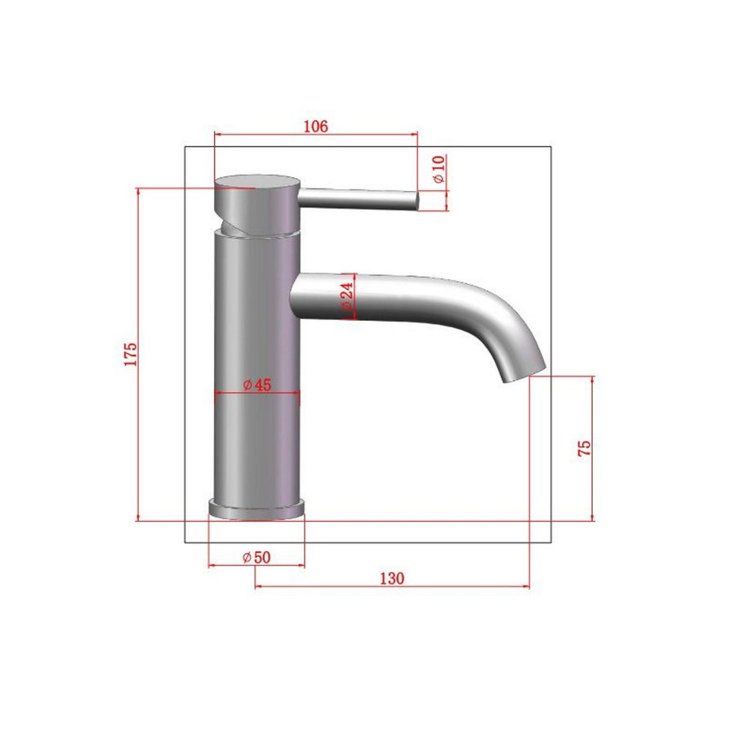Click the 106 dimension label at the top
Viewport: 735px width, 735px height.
[x=315, y=126]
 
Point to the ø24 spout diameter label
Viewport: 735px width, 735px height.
[x=346, y=296]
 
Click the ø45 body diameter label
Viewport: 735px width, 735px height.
[x=256, y=385]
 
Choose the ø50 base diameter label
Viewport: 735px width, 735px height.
[x=256, y=557]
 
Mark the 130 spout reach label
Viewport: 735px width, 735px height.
[x=392, y=577]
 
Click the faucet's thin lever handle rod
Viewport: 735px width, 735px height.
[x=359, y=198]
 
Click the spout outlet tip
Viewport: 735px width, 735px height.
[x=523, y=374]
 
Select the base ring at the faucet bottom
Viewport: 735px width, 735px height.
[x=256, y=508]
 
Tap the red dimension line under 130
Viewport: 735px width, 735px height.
[x=392, y=586]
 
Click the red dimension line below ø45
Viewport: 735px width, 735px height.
[x=256, y=394]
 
